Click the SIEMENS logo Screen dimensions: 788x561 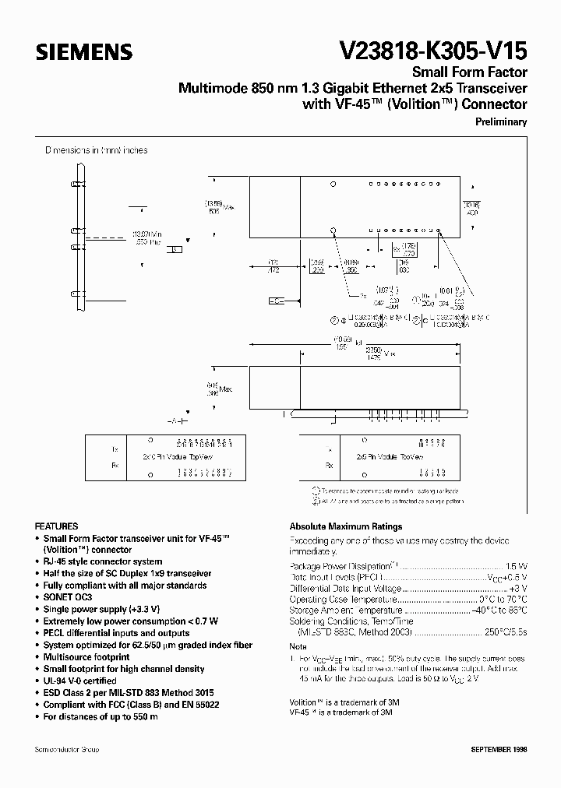(83, 52)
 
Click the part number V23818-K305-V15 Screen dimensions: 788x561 (433, 51)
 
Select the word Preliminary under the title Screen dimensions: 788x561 (501, 121)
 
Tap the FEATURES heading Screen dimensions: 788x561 (56, 526)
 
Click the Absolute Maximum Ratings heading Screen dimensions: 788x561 (346, 526)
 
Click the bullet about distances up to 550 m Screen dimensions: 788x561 (100, 716)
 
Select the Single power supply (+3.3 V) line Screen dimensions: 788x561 (100, 609)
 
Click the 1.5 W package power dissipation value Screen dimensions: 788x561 (517, 566)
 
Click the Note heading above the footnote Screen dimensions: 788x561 (298, 647)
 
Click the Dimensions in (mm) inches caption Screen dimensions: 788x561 (96, 150)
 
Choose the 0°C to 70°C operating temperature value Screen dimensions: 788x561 (503, 600)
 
